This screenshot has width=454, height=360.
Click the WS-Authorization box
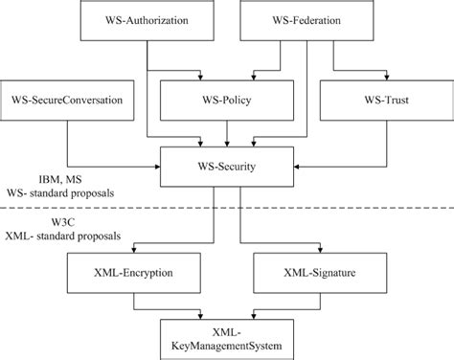pos(148,21)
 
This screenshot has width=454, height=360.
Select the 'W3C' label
pos(49,220)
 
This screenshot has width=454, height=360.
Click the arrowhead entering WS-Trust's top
pos(380,78)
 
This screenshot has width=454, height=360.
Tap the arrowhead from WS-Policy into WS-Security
pos(226,145)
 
